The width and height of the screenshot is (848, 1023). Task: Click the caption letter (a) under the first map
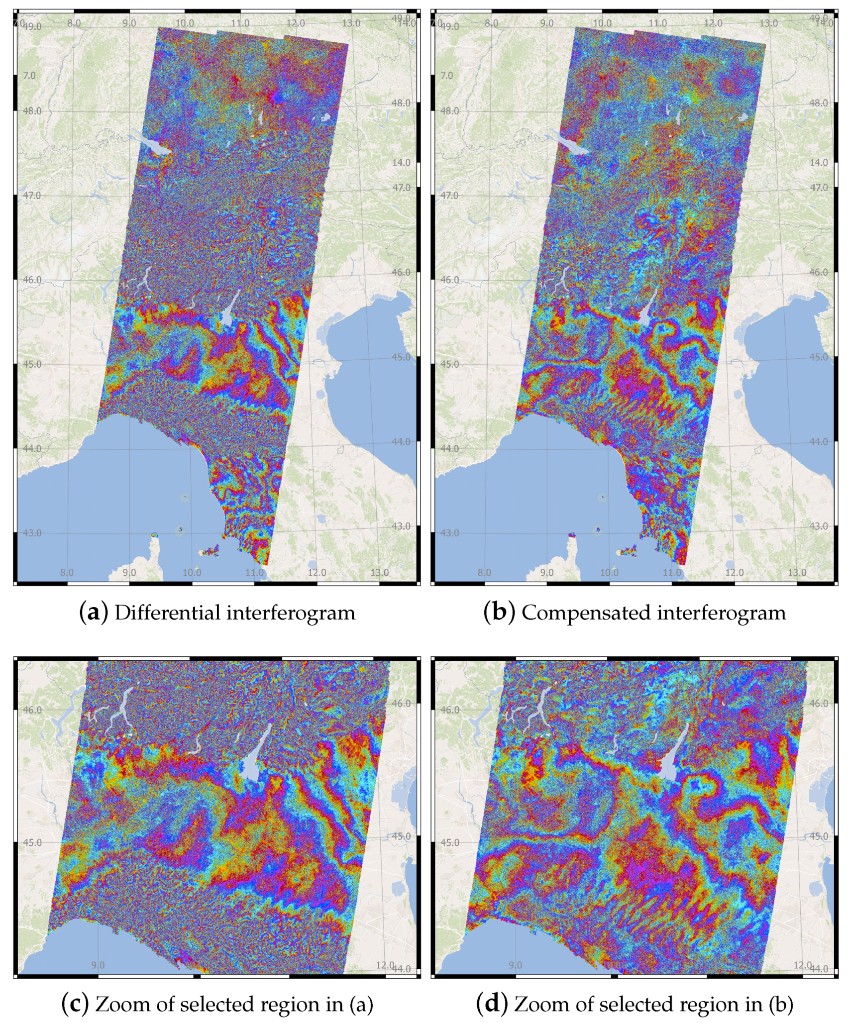(94, 613)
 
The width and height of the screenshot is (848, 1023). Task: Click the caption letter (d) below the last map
(492, 1004)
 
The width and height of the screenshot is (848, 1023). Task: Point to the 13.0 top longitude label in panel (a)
(351, 23)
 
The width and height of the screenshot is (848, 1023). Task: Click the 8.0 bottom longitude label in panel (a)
(67, 572)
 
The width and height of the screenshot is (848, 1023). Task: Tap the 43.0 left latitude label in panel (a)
(32, 533)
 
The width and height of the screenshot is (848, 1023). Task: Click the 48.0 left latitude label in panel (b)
(449, 111)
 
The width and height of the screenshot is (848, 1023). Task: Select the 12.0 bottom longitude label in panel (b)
(734, 572)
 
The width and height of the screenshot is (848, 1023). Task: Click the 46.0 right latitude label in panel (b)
(819, 272)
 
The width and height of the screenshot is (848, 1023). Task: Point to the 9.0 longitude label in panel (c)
(98, 965)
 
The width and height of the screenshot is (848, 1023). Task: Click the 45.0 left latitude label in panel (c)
(32, 843)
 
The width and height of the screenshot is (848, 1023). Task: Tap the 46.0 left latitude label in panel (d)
(449, 710)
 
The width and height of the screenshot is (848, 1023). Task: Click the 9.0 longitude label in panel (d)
(516, 965)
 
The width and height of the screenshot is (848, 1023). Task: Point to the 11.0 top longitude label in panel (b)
(657, 23)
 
